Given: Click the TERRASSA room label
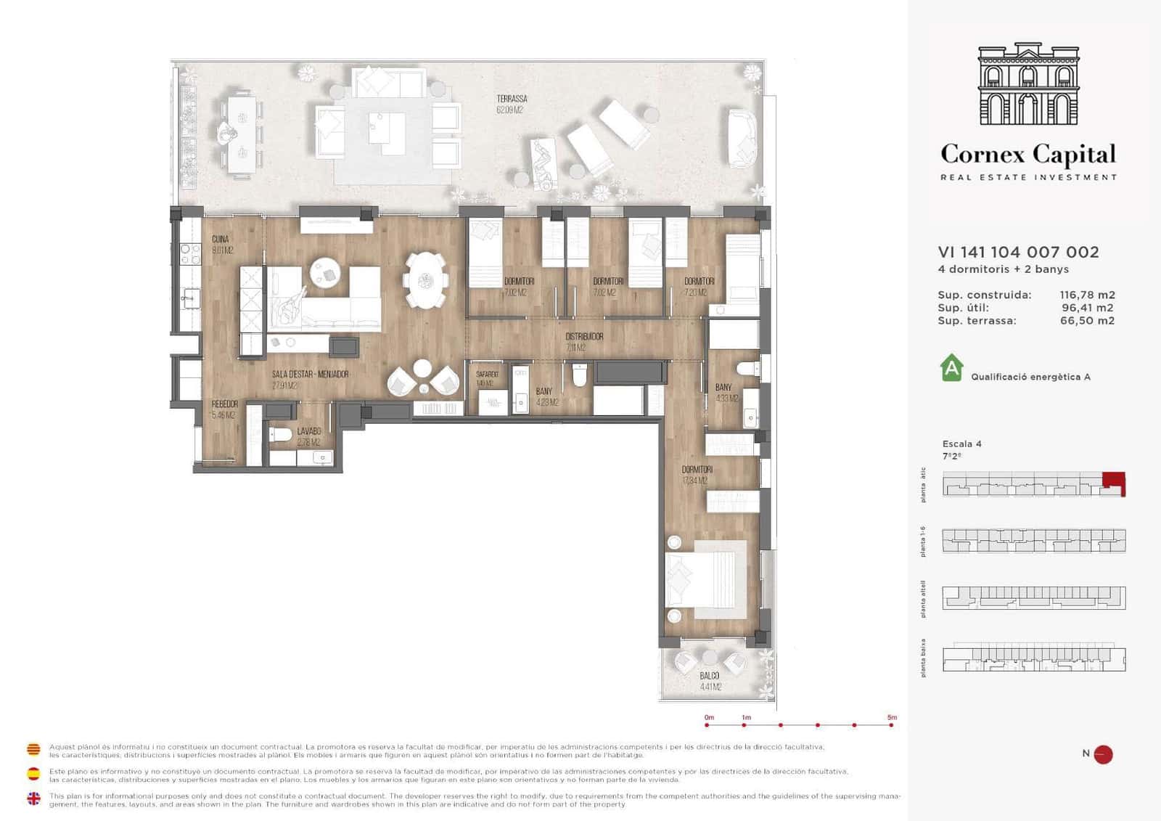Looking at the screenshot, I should point(512,99).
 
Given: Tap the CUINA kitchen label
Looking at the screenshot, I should point(221,240).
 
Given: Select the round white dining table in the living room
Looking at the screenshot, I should point(426,279).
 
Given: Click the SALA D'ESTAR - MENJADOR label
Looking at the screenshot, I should point(310,375).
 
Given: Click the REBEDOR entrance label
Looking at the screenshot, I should point(224,404).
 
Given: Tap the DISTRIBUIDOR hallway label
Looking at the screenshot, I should point(584,337).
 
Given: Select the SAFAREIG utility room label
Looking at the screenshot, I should point(487,375).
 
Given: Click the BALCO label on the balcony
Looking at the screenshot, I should point(710,676).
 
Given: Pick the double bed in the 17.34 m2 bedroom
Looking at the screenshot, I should point(706,580).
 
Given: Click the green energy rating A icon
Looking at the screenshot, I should point(951,367).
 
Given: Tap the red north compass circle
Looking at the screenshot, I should point(1103,754).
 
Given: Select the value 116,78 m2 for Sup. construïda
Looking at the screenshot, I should point(1087,295).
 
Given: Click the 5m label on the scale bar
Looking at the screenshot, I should point(892,717).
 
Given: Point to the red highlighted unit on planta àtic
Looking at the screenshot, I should point(1113,482).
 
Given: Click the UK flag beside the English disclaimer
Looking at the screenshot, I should point(33,799).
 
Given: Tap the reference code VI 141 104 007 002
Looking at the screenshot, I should point(1018,252).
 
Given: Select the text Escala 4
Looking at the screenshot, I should point(961,444).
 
